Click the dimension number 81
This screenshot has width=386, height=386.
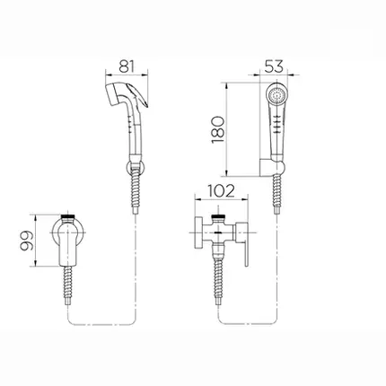tap(127, 66)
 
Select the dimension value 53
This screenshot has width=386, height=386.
tap(274, 66)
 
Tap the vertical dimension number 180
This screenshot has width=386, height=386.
tap(218, 129)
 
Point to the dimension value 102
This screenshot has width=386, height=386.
tap(222, 191)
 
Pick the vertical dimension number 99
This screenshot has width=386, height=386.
tap(26, 241)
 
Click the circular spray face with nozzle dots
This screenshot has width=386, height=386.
tap(276, 95)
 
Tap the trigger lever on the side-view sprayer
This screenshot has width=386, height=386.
tap(138, 95)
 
